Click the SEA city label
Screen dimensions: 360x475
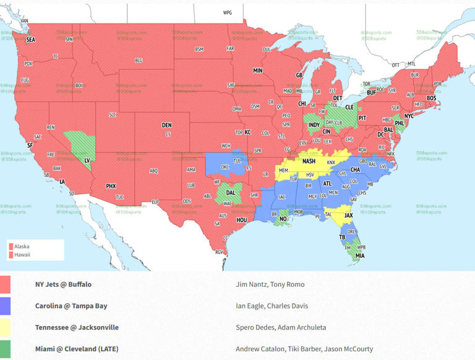click(30, 39)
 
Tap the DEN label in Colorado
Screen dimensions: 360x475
click(167, 125)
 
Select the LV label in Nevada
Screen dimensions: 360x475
click(87, 160)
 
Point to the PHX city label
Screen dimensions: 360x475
click(111, 186)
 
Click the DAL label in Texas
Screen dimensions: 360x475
click(230, 193)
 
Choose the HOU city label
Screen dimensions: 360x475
click(242, 220)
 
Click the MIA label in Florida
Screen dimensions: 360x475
click(360, 255)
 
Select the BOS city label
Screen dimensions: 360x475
click(431, 98)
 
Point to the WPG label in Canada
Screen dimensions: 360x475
click(228, 12)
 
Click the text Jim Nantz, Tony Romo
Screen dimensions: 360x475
click(270, 285)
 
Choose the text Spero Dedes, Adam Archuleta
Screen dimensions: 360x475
click(280, 327)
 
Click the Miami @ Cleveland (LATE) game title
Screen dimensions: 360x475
click(76, 349)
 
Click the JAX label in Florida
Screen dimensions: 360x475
click(349, 216)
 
